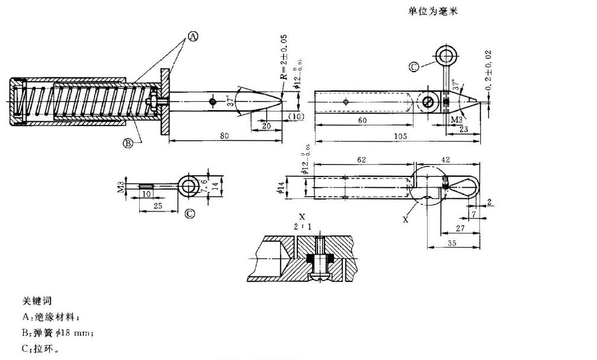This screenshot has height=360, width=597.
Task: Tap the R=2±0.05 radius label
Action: pyautogui.click(x=284, y=57)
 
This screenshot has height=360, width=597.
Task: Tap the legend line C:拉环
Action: pyautogui.click(x=40, y=349)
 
